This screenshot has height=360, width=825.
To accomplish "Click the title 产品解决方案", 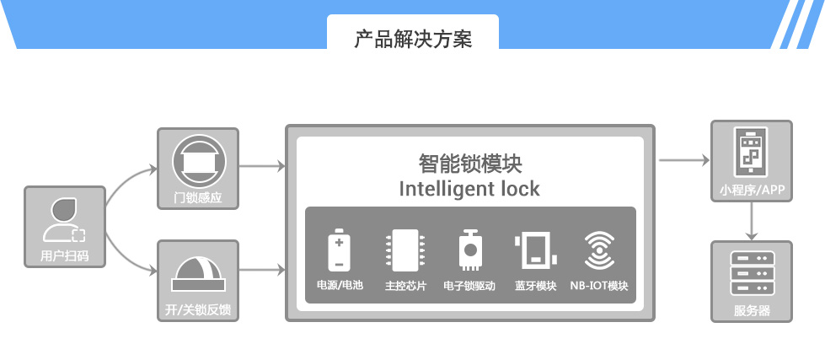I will pos(412,39).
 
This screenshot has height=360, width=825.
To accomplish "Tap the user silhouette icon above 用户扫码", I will pos(64,221).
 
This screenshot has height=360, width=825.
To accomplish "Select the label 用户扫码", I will pos(65,255).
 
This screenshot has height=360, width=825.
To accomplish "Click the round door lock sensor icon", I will pos(197,161).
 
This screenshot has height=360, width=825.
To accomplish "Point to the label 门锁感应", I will pos(198,199).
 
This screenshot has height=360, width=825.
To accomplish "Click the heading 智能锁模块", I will pos(469,163).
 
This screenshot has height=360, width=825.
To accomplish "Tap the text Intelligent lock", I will pos(469,188).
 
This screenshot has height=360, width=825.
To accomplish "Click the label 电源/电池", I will pos(340,286).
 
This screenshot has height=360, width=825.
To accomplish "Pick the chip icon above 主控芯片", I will pos(404,250).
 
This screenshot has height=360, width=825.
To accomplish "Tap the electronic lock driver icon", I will pos(469,250).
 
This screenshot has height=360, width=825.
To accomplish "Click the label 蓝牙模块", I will pos(536,286).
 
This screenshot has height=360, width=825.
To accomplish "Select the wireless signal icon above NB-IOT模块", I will pos(599,250).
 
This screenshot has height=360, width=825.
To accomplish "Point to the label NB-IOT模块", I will pos(599,286).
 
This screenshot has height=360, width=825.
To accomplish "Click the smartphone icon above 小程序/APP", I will pos(752,153).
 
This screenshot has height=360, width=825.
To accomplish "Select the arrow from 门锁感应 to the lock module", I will pos(263,166).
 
